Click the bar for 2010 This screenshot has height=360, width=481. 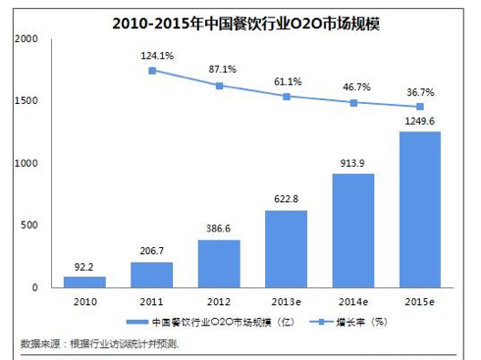(x=84, y=282)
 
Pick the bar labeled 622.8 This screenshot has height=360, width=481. (x=287, y=248)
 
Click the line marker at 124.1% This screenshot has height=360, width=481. (x=152, y=71)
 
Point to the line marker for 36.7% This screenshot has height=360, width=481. (x=421, y=107)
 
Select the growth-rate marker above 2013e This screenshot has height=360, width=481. (x=287, y=96)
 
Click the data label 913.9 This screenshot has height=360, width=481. (x=355, y=164)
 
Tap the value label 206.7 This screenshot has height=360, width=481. (x=152, y=252)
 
